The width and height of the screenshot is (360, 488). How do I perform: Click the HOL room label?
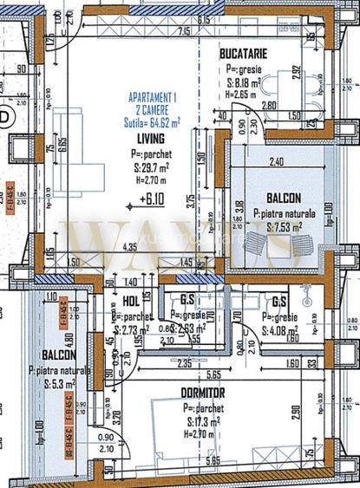tap(130, 303)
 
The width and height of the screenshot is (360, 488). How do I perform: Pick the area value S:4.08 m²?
tap(283, 329)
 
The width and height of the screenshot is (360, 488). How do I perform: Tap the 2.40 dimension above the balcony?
tap(277, 161)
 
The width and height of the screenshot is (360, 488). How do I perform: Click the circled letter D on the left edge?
tap(6, 116)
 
